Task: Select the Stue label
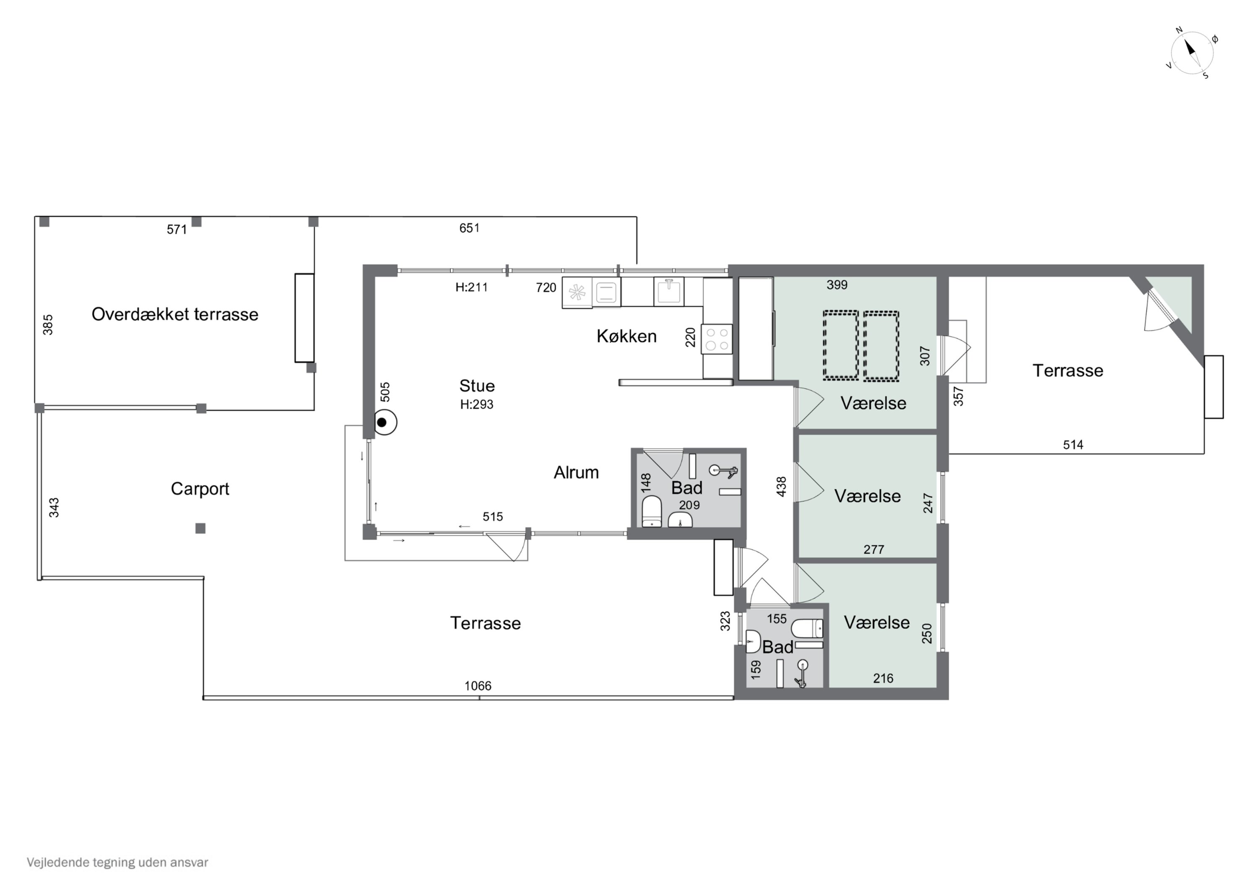[x=477, y=386]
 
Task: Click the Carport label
[x=200, y=489]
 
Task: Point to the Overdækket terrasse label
[x=175, y=314]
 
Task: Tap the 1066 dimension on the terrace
[x=478, y=686]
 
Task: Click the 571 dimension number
[x=177, y=230]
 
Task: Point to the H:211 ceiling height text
[x=472, y=287]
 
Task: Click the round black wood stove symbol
[x=385, y=423]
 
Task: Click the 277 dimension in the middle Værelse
[x=874, y=549]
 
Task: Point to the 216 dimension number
[x=883, y=679]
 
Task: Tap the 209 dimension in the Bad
[x=689, y=505]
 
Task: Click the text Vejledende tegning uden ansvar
[x=117, y=863]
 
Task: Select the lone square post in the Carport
[x=200, y=529]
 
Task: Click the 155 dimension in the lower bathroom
[x=776, y=619]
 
